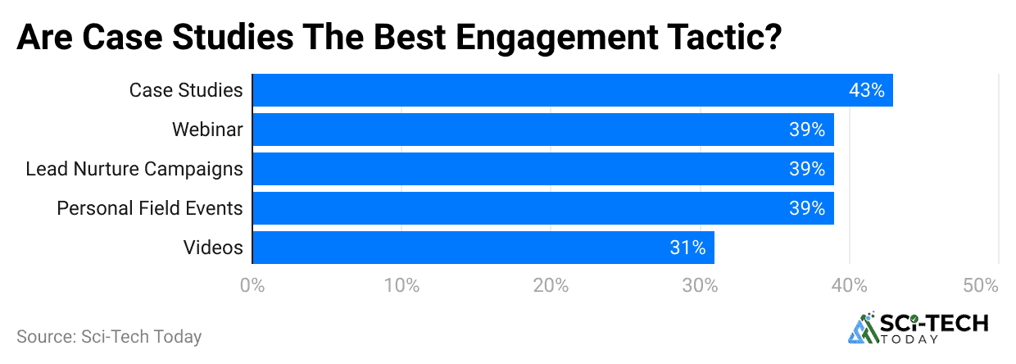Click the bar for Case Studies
coord(572,90)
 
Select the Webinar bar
coord(542,130)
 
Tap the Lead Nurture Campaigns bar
coord(542,169)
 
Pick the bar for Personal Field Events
coord(542,208)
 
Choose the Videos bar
coord(483,248)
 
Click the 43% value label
coord(866,90)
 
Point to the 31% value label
coord(687,248)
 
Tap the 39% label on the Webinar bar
coord(807,130)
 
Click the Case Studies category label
coord(186,90)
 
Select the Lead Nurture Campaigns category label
coord(134,169)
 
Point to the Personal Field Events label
coord(150,208)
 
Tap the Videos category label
coord(215,248)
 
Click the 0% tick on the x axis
coord(252,285)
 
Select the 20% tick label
coord(551,285)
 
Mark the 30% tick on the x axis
coord(700,285)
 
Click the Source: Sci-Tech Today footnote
coord(109,336)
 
